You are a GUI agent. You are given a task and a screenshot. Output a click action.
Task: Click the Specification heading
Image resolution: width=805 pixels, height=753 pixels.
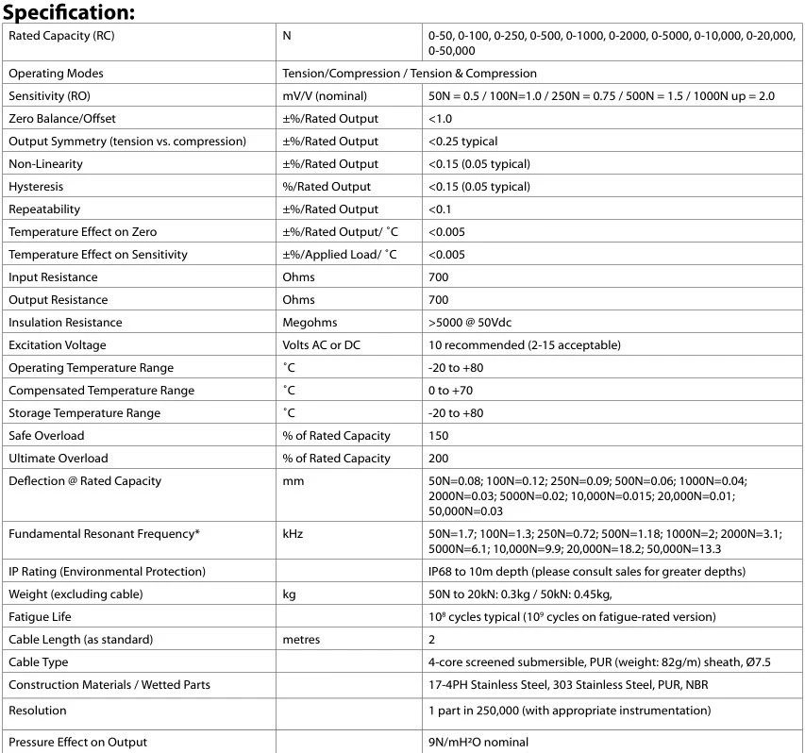[70, 12]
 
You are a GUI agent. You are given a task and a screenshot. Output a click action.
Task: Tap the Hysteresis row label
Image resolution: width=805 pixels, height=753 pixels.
[36, 187]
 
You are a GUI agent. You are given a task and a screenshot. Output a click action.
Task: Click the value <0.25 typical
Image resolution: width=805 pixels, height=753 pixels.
[462, 142]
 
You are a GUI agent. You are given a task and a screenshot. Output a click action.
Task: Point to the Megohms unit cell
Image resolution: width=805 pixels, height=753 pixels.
[310, 323]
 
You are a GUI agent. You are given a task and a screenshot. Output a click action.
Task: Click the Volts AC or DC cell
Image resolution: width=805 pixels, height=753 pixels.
[321, 345]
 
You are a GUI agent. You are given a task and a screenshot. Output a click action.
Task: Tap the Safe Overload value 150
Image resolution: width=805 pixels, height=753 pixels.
[438, 436]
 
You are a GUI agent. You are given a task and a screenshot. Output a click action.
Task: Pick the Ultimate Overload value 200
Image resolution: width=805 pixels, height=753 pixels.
[438, 459]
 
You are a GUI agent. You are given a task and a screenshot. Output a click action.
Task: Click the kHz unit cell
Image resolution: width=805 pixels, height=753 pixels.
[293, 534]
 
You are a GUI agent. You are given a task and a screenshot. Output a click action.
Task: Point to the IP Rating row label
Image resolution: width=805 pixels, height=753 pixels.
[107, 572]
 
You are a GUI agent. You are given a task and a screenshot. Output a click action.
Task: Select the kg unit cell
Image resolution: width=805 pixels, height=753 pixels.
[290, 594]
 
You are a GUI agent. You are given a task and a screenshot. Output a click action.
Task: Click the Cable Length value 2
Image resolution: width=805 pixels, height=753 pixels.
[431, 640]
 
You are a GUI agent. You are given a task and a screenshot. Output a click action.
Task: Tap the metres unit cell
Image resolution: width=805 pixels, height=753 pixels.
[301, 640]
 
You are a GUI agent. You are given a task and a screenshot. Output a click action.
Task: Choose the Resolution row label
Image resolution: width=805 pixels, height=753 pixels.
[38, 711]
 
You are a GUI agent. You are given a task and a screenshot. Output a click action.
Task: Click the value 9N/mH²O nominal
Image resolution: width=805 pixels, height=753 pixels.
[478, 743]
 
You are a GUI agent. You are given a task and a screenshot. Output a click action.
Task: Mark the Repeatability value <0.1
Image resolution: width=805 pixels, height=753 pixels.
[440, 209]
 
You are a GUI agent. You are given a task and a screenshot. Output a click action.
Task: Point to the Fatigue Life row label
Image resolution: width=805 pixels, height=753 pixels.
[41, 617]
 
